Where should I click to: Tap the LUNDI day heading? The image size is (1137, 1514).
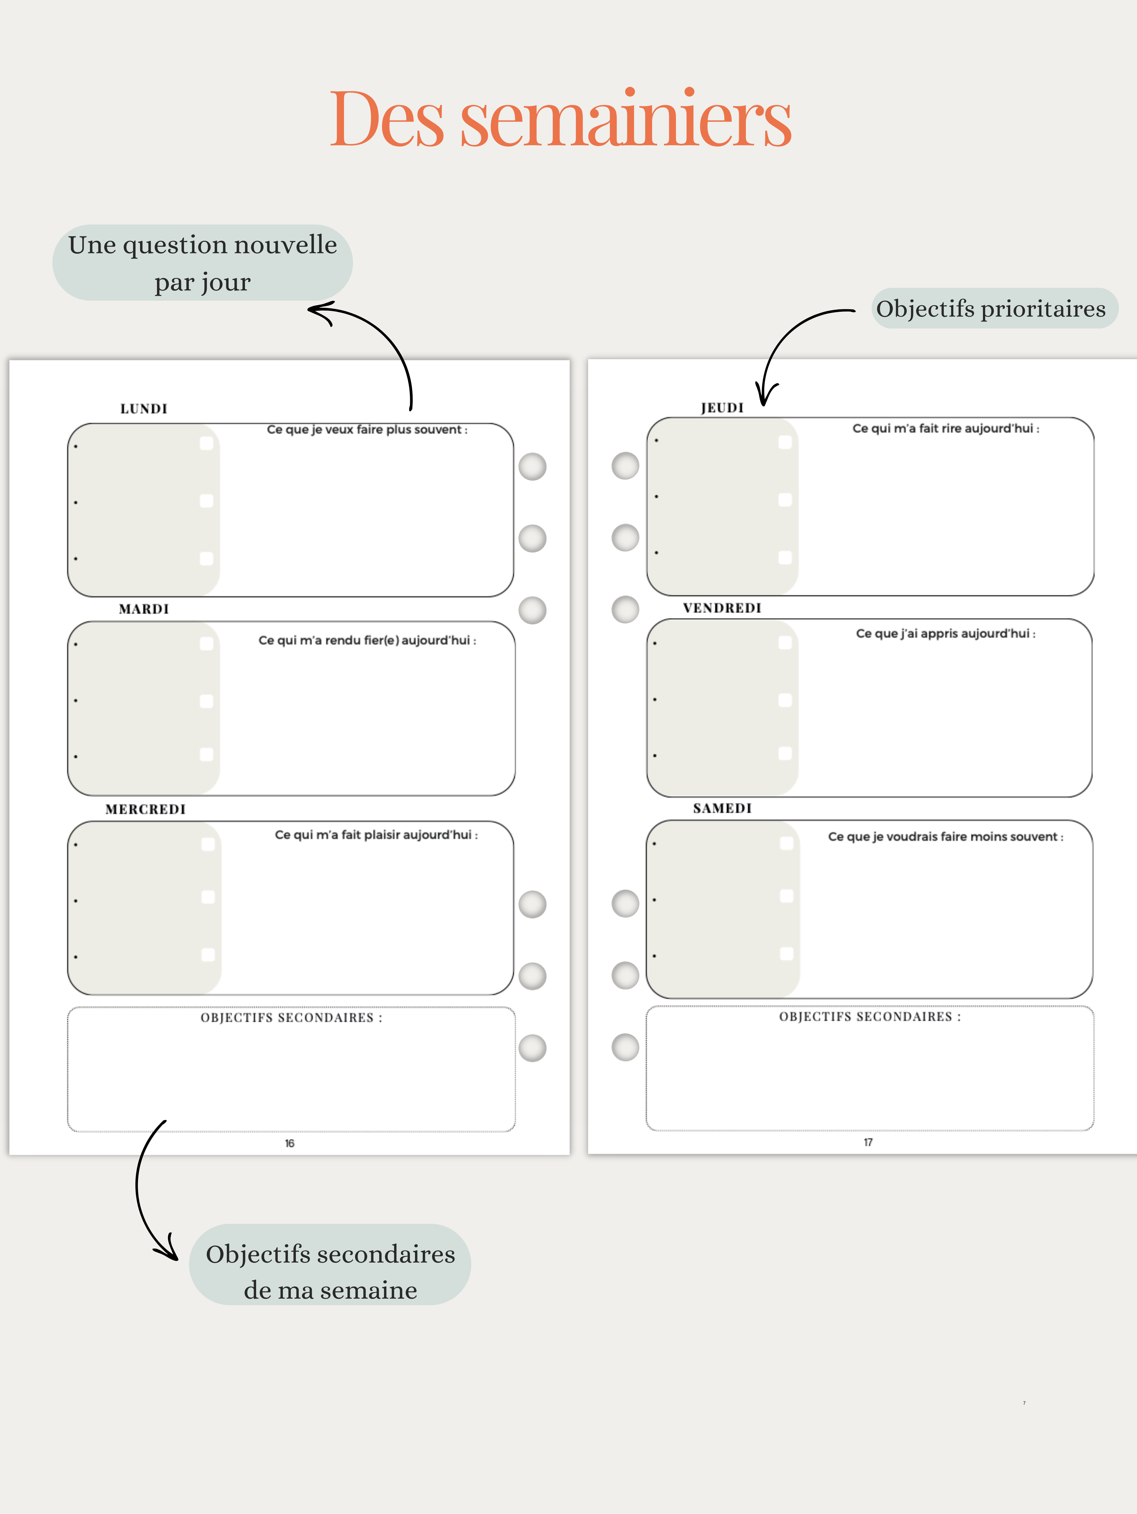tap(144, 409)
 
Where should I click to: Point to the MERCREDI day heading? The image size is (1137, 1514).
tap(145, 809)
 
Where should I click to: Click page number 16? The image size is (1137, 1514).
tap(290, 1143)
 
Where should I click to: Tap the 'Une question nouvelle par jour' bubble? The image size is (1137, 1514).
tap(203, 263)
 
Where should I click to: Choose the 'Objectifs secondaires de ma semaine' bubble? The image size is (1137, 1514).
tap(330, 1272)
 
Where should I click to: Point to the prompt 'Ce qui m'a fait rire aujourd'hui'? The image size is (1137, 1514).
tap(945, 429)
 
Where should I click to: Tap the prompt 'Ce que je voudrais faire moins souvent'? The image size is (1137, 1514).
tap(945, 836)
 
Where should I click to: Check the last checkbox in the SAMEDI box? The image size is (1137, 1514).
tap(787, 953)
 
